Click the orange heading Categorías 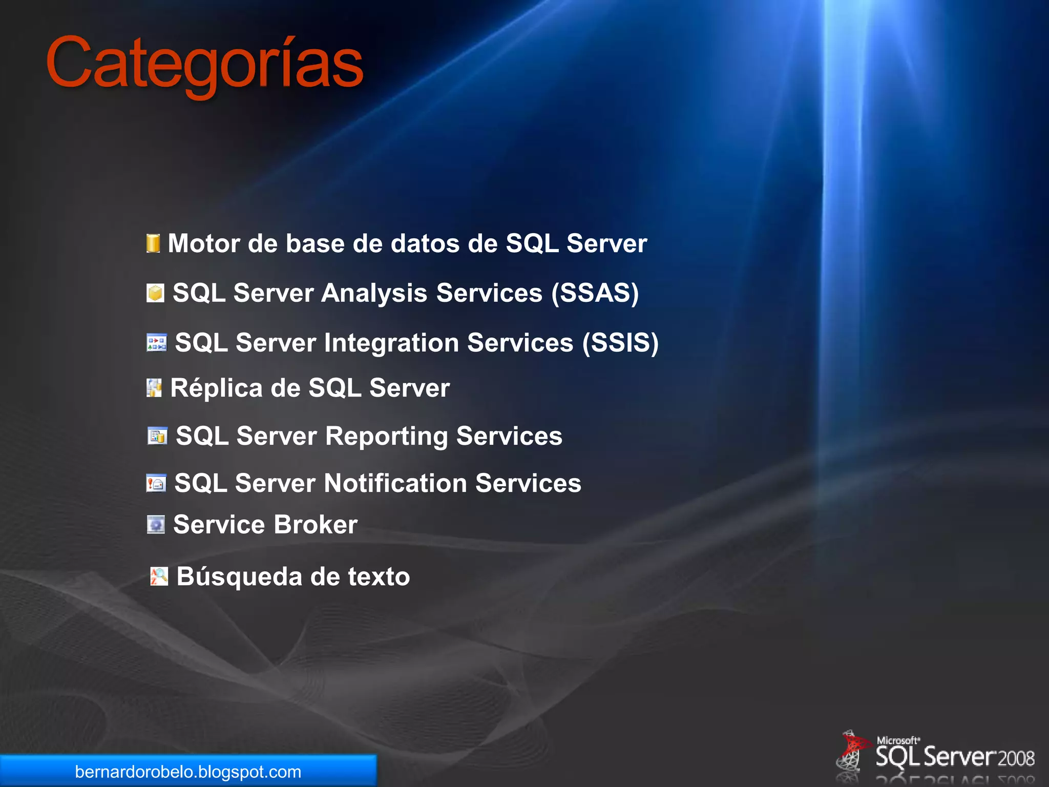tap(205, 64)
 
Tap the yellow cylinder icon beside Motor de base tap(153, 243)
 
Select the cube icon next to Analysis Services tap(155, 293)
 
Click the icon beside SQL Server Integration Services tap(157, 342)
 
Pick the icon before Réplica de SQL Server tap(154, 388)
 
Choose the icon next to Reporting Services tap(157, 436)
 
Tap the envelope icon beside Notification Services tap(156, 483)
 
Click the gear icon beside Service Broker tap(156, 525)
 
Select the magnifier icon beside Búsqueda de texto tap(159, 576)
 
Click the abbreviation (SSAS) tap(595, 293)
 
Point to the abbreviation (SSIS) tap(620, 342)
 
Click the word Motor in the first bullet tap(204, 243)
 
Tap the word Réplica tap(217, 388)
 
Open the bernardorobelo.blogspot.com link tap(188, 772)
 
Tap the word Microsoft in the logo tap(897, 740)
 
